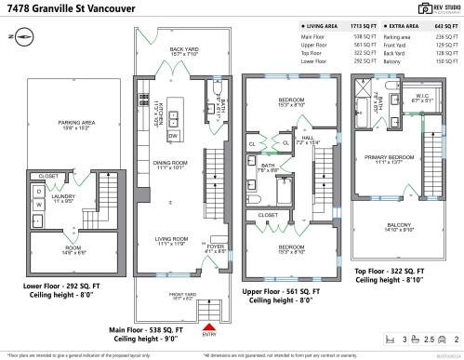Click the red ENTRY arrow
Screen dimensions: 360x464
(209, 327)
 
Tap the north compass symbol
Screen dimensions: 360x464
(23, 36)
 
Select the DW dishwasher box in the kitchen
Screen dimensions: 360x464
(173, 137)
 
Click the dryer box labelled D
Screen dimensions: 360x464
(39, 191)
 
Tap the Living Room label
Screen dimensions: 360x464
(170, 240)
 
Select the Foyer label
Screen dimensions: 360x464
(216, 247)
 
